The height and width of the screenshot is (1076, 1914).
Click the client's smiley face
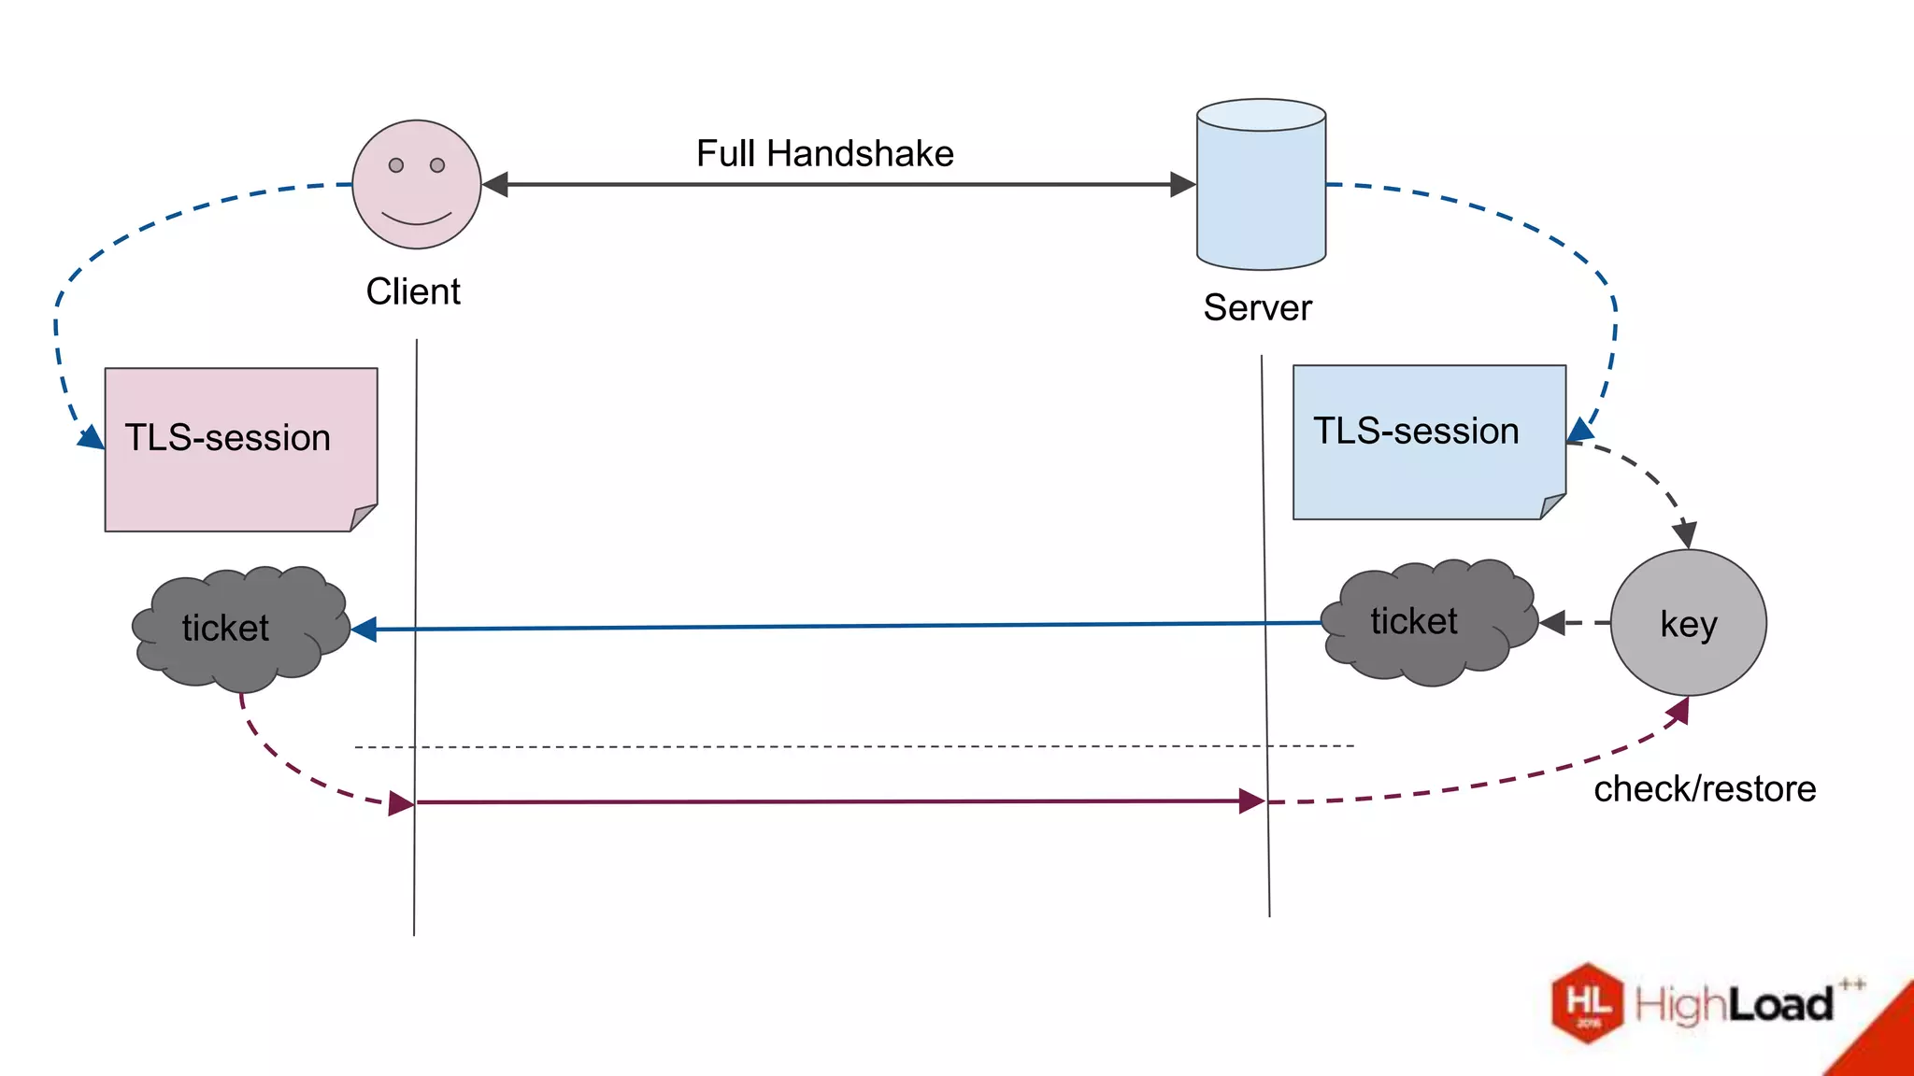tap(416, 185)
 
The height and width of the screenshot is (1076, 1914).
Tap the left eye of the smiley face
tap(396, 165)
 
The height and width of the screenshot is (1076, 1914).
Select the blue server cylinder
tap(1261, 187)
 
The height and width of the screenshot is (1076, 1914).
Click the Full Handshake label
tap(824, 153)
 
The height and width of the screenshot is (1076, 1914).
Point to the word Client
tap(413, 291)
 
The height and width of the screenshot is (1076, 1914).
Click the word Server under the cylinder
tap(1257, 307)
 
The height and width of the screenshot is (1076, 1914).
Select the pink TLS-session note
tap(240, 449)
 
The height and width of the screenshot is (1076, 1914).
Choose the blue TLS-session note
tap(1428, 441)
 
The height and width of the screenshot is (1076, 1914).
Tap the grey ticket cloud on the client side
tap(238, 628)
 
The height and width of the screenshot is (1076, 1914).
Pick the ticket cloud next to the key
tap(1428, 622)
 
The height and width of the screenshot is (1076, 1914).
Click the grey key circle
tap(1688, 623)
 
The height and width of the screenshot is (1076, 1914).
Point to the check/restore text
tap(1705, 789)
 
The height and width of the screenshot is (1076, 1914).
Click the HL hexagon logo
tap(1588, 1002)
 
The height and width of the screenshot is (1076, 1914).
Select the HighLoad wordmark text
tap(1735, 1005)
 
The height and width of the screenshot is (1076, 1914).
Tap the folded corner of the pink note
tap(363, 518)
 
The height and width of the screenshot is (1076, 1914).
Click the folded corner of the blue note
tap(1552, 506)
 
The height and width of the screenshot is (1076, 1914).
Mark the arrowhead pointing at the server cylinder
tap(1183, 185)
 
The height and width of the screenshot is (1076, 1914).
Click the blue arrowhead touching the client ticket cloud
tap(364, 630)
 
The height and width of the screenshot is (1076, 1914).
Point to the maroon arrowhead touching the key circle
tap(1678, 711)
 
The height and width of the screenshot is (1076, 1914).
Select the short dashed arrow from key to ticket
tap(1575, 623)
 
